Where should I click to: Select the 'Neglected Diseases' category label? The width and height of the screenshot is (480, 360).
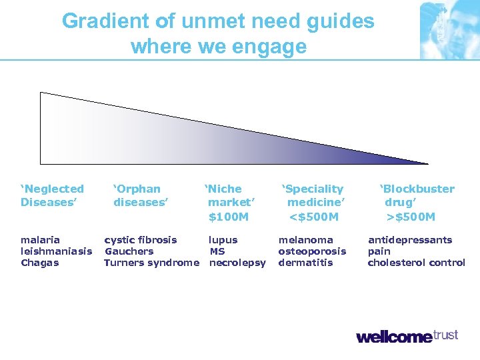point(53,195)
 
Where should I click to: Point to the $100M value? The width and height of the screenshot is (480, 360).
point(228,217)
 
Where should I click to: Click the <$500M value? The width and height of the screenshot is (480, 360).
point(313,217)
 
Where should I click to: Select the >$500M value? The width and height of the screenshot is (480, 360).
point(411,217)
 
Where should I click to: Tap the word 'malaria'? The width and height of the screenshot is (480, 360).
point(40,240)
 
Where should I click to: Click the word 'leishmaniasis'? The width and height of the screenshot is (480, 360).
point(57,251)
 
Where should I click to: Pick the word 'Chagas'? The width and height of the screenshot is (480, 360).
point(39,263)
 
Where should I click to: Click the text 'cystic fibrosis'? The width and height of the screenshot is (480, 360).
point(141,240)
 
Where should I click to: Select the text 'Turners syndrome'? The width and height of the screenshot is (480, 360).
point(151,263)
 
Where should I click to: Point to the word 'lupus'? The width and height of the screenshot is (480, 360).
point(223,240)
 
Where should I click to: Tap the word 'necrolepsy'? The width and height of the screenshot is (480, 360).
point(237,263)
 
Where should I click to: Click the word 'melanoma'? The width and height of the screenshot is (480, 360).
point(305,240)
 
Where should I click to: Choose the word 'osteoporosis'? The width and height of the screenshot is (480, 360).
point(312,251)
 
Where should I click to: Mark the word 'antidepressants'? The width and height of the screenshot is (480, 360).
point(410,240)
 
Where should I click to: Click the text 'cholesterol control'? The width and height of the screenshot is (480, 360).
point(417,263)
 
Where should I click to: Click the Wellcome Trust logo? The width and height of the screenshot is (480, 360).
point(407,336)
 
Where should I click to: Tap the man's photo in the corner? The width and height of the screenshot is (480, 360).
point(449,30)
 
